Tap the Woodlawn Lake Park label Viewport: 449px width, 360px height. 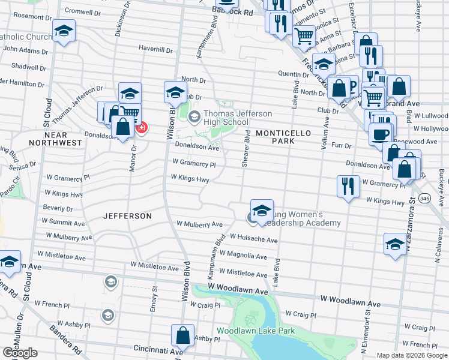(x=256, y=331)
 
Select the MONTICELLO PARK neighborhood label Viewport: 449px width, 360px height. (x=275, y=136)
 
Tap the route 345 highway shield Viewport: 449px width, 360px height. (x=425, y=198)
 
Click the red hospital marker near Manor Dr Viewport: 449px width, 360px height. (x=142, y=128)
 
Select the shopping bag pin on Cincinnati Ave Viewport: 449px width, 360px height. (x=183, y=335)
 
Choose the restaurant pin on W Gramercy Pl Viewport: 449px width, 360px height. (x=348, y=186)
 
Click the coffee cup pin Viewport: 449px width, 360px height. (x=381, y=134)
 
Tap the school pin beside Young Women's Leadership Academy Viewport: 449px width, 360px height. (x=262, y=211)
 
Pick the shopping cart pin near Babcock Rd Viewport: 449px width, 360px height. (x=304, y=38)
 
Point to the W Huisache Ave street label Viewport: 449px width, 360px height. (x=249, y=240)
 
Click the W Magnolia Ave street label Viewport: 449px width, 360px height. (x=243, y=256)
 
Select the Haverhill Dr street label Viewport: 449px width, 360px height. (x=155, y=47)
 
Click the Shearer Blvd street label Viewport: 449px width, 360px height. (x=246, y=152)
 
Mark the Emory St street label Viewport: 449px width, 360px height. (x=154, y=299)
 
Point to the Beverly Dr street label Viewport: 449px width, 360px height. (x=58, y=208)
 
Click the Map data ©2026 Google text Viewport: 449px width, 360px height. (x=412, y=355)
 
